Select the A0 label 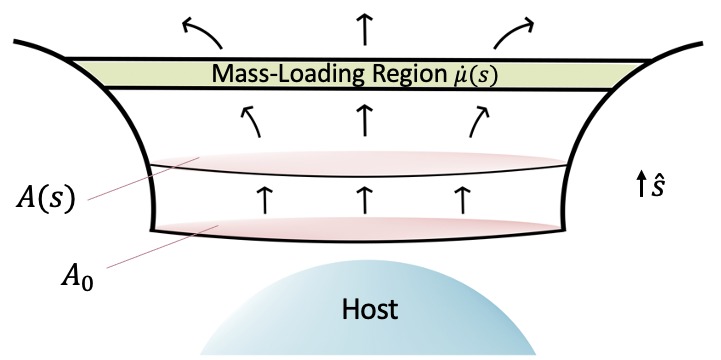pyautogui.click(x=61, y=274)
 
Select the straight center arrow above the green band pyautogui.click(x=362, y=32)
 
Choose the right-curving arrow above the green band pyautogui.click(x=513, y=33)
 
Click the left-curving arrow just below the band pyautogui.click(x=253, y=123)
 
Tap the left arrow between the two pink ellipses pyautogui.click(x=264, y=198)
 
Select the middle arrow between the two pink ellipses pyautogui.click(x=362, y=198)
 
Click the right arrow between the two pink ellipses pyautogui.click(x=461, y=198)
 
